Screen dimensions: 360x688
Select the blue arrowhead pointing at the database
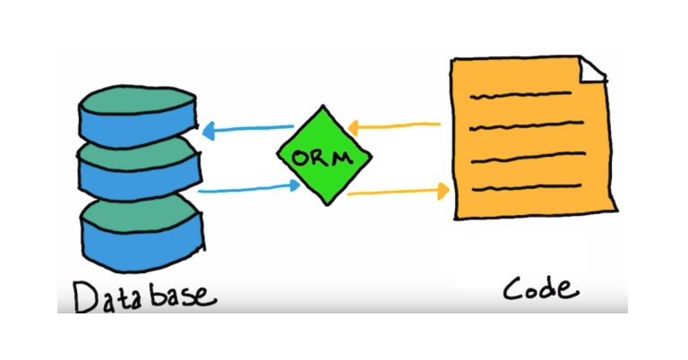click(208, 133)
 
